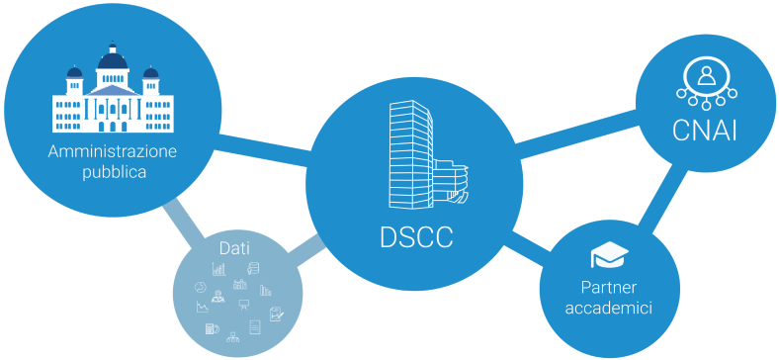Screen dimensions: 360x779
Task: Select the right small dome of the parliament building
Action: [150, 75]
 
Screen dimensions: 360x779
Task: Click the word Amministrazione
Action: [113, 151]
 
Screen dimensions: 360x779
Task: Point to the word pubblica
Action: [114, 172]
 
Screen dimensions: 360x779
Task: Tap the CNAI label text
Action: [704, 131]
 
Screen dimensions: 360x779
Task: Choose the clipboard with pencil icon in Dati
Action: [277, 314]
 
